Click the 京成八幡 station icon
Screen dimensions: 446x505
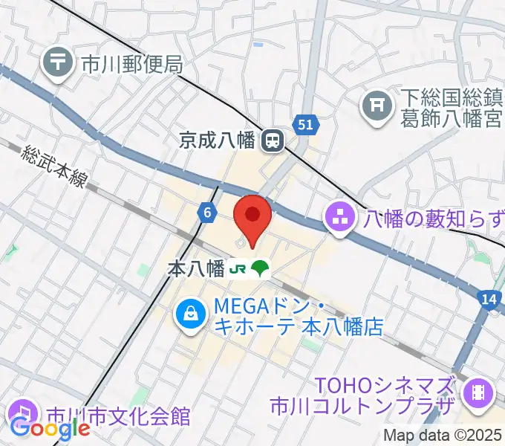coord(273,139)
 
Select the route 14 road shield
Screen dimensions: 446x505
coord(488,298)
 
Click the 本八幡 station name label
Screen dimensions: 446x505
coord(196,269)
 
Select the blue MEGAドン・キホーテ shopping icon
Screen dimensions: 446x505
coord(191,314)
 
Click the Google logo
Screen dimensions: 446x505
coord(50,429)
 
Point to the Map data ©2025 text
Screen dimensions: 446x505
coord(442,436)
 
